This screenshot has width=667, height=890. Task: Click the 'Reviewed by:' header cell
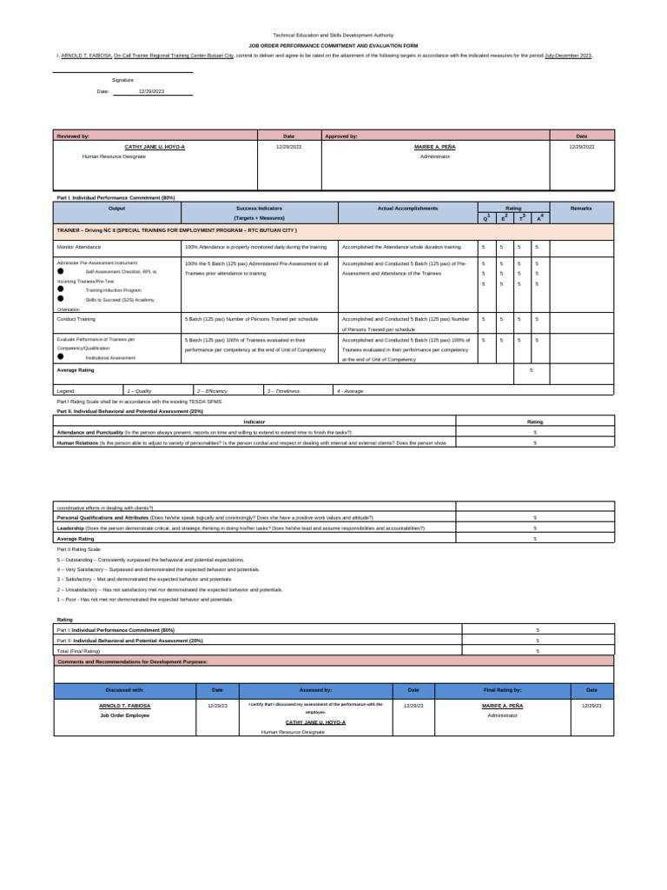(x=73, y=136)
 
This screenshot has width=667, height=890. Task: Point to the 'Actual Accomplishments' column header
(x=407, y=209)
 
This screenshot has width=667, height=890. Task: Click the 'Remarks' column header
(x=581, y=209)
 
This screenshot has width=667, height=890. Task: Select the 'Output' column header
(x=116, y=209)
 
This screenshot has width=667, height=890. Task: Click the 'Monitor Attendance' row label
(x=81, y=247)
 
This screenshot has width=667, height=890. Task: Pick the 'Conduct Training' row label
(x=77, y=319)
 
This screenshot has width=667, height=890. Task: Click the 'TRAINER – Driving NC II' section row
(x=177, y=230)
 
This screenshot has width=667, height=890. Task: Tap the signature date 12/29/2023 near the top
(x=151, y=90)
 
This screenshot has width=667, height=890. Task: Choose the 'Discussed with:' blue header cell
(x=124, y=690)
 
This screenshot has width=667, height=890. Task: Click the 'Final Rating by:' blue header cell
(x=502, y=690)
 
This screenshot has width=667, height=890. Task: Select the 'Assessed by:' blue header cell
(x=315, y=690)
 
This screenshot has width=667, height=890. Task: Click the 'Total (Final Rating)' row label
(x=78, y=650)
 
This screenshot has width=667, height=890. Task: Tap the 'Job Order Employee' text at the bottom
(x=124, y=715)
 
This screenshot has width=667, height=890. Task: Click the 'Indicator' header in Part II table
(x=254, y=422)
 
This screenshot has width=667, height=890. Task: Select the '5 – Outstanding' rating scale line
(x=150, y=560)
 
